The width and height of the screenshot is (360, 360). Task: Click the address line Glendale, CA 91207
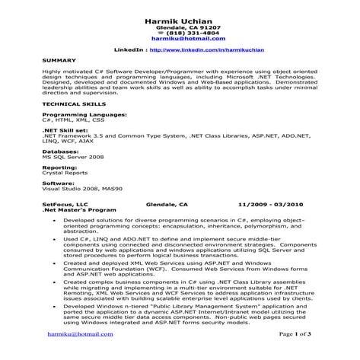(180, 27)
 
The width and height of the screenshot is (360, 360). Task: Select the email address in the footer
(79, 333)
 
